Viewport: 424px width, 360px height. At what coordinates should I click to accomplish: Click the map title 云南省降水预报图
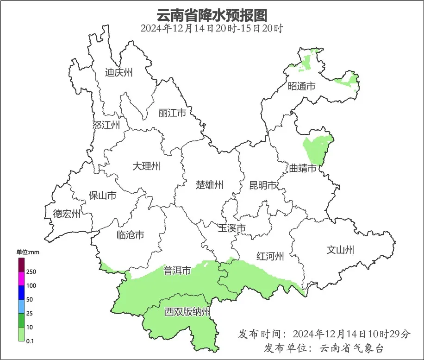tap(212, 15)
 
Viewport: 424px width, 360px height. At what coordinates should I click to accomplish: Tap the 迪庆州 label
tap(118, 72)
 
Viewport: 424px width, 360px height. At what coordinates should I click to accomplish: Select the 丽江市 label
tap(172, 113)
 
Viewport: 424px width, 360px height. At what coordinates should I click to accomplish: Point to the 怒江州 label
tap(106, 125)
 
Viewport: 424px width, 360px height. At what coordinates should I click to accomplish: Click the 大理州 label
tap(146, 166)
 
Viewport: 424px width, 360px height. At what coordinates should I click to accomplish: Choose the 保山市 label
tap(102, 196)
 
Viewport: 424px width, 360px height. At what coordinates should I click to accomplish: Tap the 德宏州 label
tap(67, 214)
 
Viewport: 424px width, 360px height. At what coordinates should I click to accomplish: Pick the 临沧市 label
tap(130, 235)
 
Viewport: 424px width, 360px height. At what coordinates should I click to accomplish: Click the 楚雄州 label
tap(209, 185)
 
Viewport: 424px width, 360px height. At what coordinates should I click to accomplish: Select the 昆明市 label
tap(262, 186)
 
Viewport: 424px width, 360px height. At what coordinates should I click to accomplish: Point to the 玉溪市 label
tap(231, 228)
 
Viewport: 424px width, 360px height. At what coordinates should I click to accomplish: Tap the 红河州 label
tap(270, 256)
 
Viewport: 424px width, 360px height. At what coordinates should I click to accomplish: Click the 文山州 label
tap(340, 250)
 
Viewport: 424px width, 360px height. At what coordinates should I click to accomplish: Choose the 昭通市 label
tap(301, 86)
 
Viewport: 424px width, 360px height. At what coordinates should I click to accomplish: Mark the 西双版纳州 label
tap(187, 312)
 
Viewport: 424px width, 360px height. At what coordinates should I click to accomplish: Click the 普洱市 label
tap(177, 271)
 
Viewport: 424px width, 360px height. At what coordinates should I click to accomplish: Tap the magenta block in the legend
tap(21, 279)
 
